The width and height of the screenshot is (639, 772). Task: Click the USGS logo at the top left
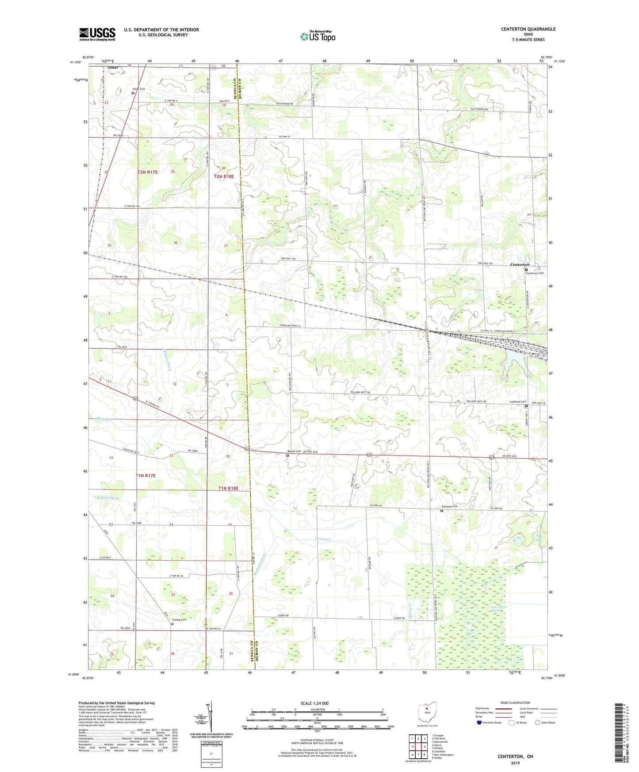click(97, 34)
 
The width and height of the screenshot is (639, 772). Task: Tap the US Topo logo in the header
click(318, 36)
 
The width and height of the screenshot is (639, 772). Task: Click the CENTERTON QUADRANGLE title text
click(528, 29)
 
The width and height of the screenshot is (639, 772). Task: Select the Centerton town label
click(520, 264)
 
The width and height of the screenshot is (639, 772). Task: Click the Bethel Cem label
click(294, 451)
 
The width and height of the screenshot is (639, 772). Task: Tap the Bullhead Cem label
click(449, 507)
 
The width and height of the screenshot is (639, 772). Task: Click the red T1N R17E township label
click(146, 476)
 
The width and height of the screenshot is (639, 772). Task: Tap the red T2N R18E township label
click(224, 176)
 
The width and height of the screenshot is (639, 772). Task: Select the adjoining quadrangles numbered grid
click(418, 747)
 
